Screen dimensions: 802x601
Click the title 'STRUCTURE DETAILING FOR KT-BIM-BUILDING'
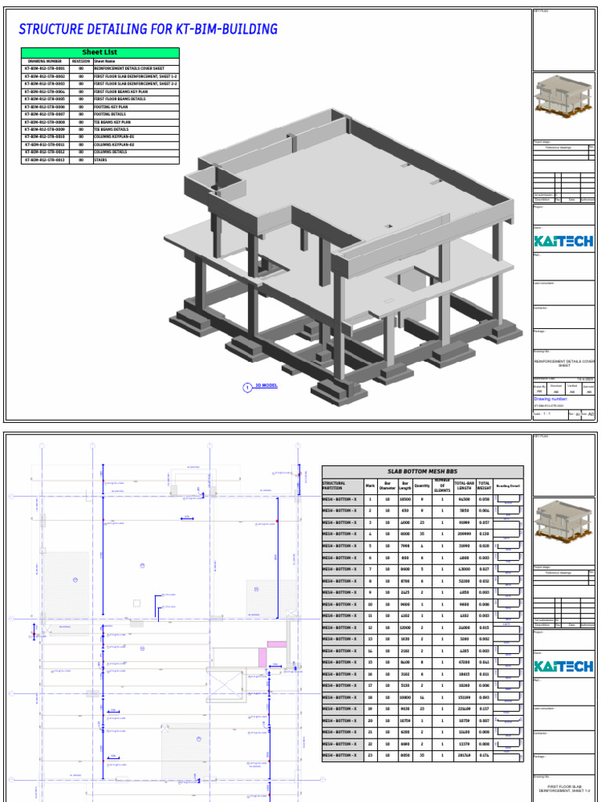[148, 30]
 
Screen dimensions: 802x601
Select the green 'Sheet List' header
[99, 52]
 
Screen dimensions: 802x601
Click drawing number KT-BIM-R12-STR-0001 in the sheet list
[45, 68]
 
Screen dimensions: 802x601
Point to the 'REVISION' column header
[81, 60]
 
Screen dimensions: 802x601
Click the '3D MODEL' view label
[266, 386]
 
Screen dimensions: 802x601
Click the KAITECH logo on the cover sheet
[563, 241]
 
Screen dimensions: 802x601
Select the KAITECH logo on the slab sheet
[563, 667]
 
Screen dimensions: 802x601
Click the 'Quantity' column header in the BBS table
[423, 486]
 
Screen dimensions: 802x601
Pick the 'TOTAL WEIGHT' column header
[484, 486]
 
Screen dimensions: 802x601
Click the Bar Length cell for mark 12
[405, 628]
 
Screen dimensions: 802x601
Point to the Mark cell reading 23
[370, 756]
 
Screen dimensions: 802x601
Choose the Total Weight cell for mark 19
[484, 709]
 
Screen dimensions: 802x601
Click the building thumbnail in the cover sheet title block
[563, 100]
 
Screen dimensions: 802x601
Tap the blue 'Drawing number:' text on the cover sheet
[556, 399]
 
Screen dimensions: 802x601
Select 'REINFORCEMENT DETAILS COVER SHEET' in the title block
[563, 363]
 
